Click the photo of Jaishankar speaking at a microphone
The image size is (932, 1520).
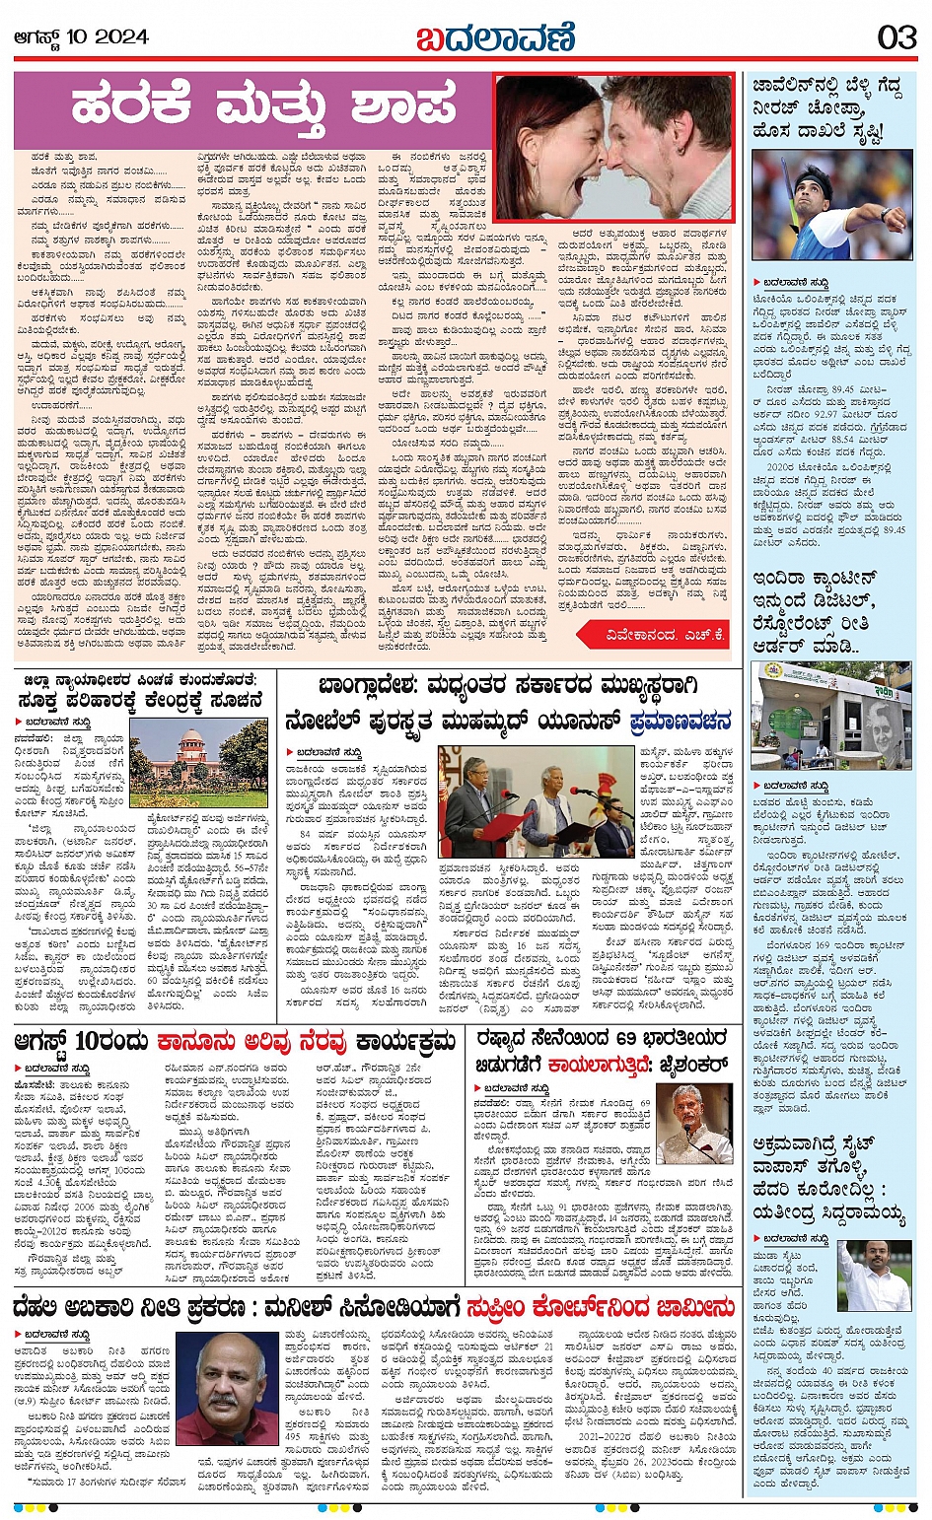click(x=694, y=1125)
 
